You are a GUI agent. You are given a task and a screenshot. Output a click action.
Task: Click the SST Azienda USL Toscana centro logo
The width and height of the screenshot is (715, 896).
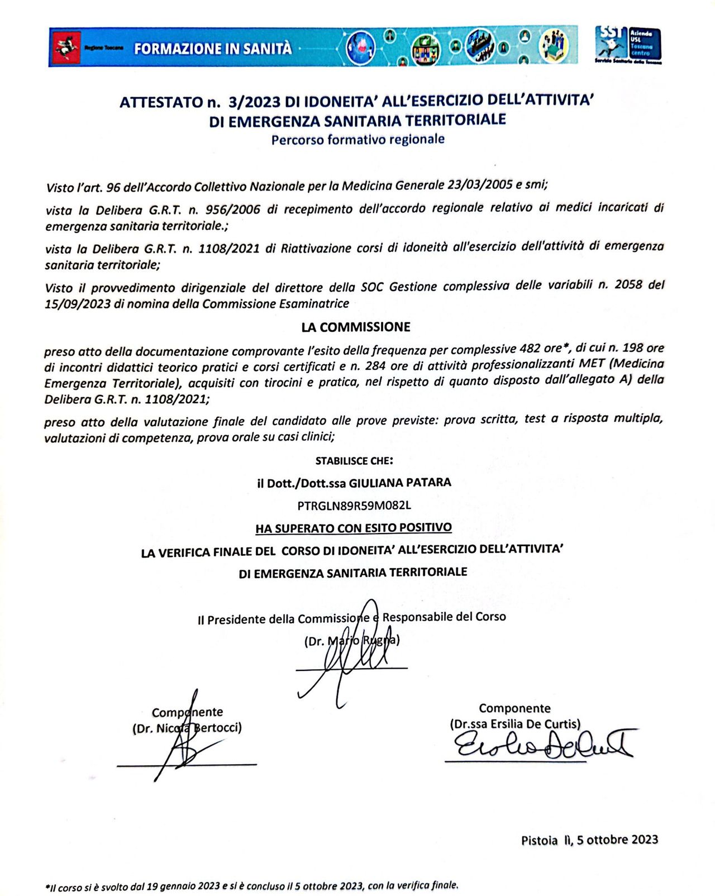point(628,45)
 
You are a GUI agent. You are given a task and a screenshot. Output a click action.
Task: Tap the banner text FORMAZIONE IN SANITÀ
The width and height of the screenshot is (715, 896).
point(213,49)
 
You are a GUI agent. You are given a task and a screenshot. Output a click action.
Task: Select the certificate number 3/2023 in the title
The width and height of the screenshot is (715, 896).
point(254,102)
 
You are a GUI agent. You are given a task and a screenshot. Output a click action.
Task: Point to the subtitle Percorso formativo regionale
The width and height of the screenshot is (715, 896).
point(357,139)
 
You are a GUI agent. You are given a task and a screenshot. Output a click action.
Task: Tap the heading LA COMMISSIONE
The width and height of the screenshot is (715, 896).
point(356,327)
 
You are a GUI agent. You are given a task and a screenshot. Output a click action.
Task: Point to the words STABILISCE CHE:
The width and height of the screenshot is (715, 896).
point(354,461)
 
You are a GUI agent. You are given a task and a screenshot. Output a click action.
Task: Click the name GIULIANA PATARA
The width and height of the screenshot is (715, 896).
point(400,483)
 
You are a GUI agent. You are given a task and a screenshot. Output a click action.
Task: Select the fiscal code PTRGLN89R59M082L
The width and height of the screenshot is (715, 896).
point(354,506)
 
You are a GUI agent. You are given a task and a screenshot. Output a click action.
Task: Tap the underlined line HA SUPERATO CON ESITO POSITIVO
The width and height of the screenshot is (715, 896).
point(354,528)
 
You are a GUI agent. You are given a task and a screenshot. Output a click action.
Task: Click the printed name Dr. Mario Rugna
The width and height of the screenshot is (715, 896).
point(352,641)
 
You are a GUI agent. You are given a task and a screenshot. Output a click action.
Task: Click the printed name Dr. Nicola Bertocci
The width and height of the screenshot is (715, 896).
point(187,728)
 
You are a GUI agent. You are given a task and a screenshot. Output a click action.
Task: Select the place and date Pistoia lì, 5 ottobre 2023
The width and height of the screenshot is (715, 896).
point(589,840)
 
